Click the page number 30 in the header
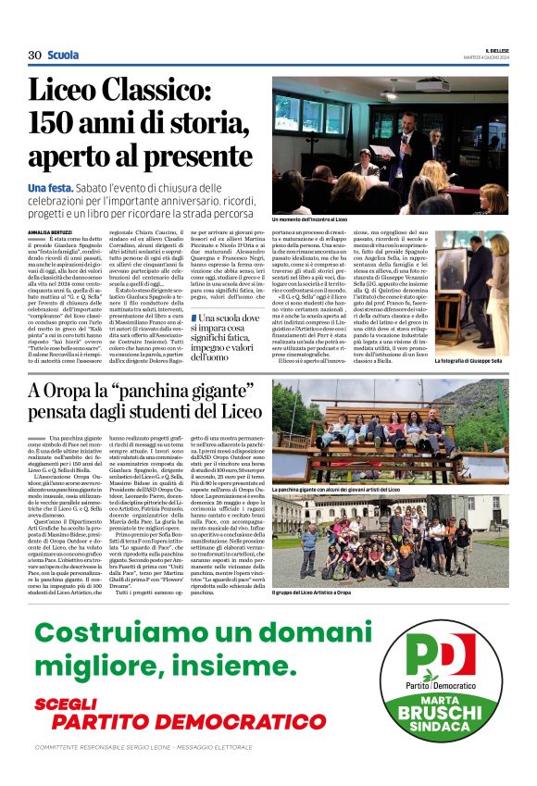pyautogui.click(x=34, y=56)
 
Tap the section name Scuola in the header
pyautogui.click(x=63, y=56)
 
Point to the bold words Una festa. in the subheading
pyautogui.click(x=55, y=188)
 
